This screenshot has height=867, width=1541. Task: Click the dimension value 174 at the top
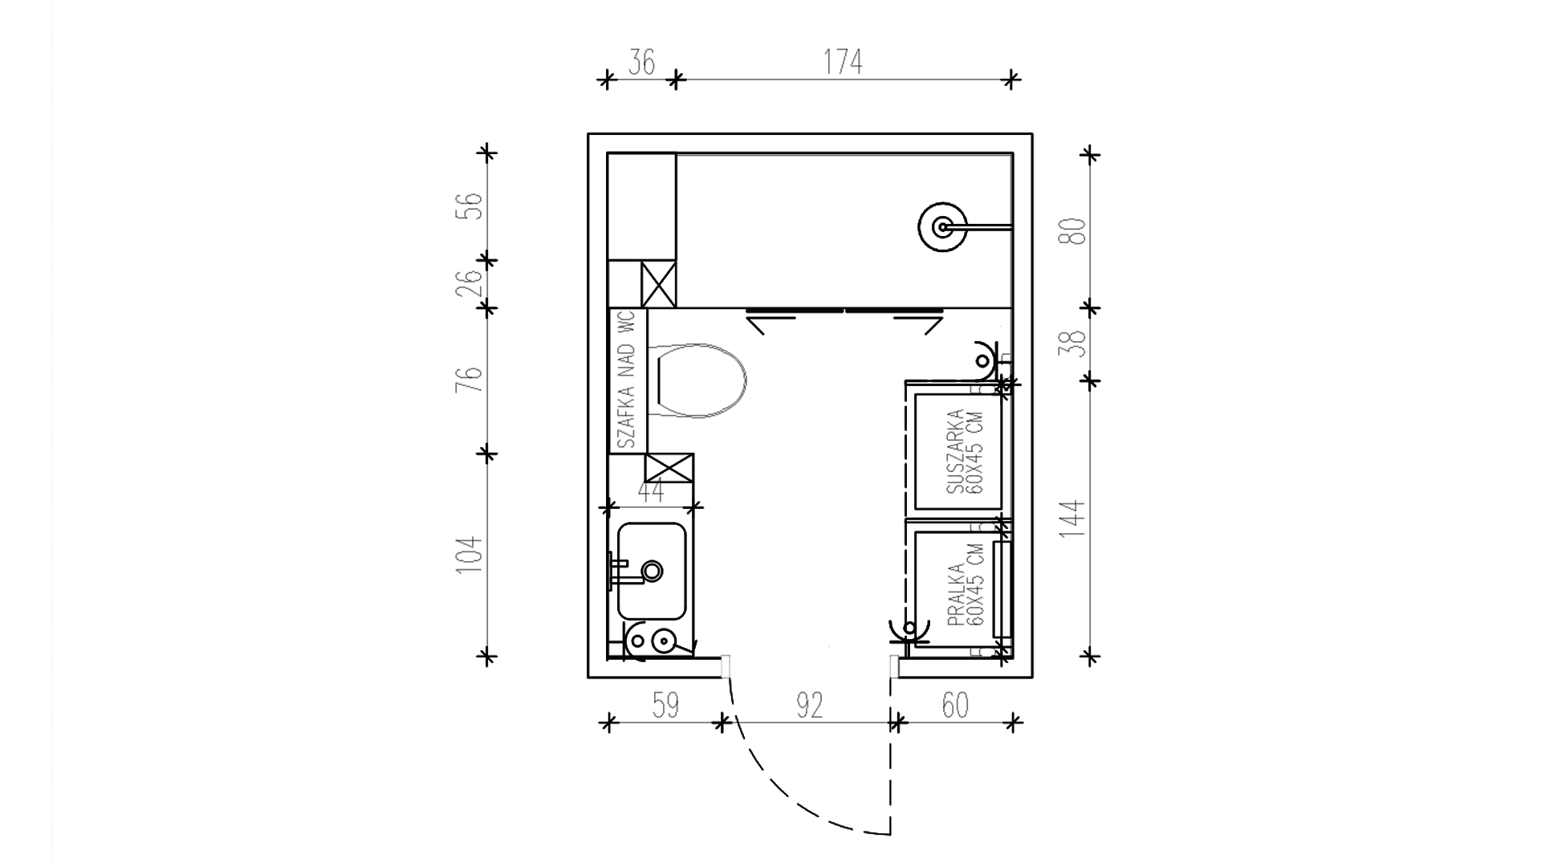tap(843, 62)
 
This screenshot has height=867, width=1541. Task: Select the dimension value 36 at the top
tap(641, 62)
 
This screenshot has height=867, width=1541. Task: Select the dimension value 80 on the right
tap(1075, 231)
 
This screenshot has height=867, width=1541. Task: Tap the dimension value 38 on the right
tap(1075, 344)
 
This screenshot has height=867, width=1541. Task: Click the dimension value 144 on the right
tap(1075, 519)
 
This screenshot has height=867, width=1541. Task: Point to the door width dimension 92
tap(810, 706)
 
